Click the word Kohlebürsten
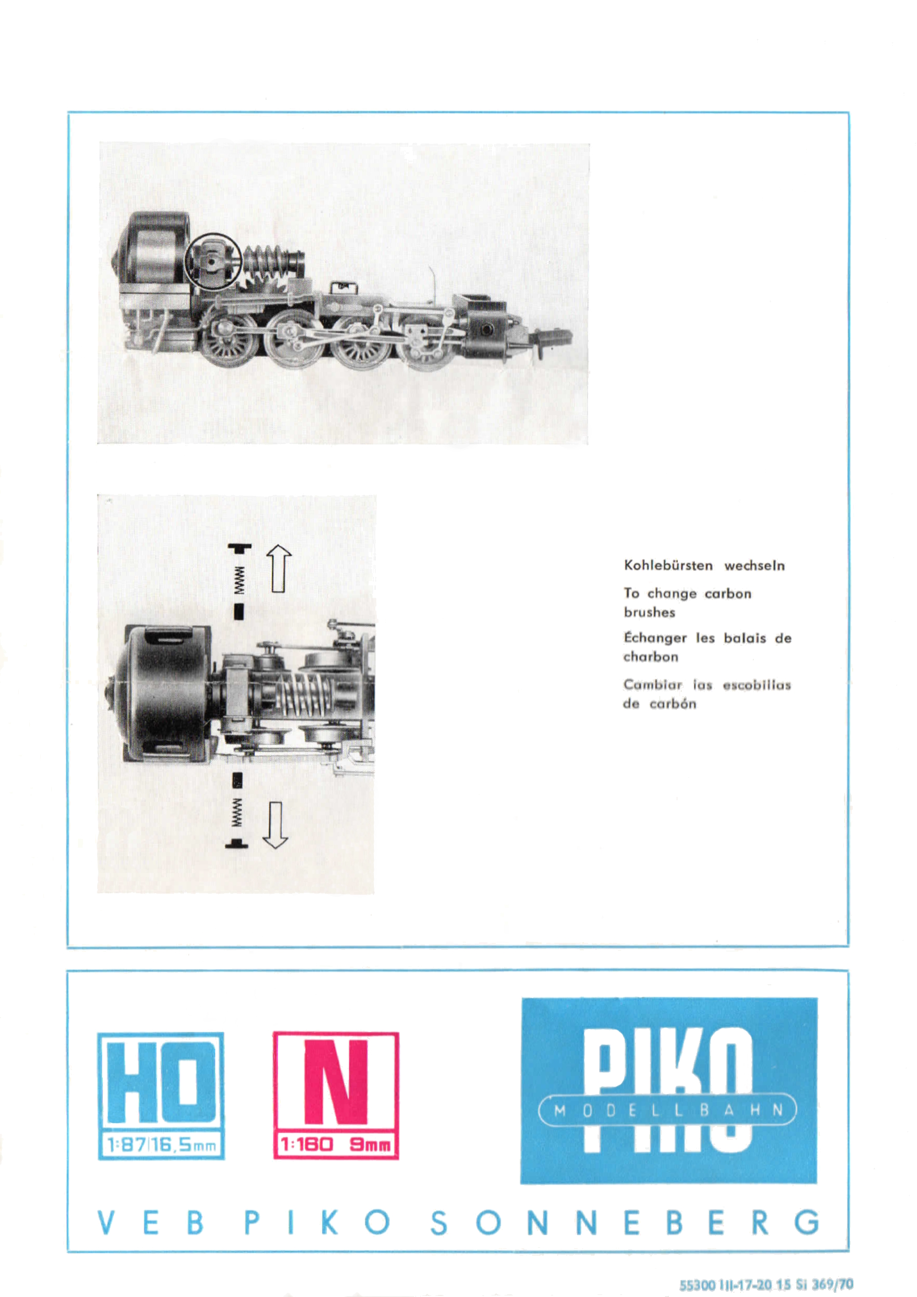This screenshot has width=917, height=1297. [x=668, y=565]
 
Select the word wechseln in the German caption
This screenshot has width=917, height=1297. [x=754, y=565]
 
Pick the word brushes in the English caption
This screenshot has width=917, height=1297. [x=649, y=612]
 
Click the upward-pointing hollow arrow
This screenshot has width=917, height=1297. [x=278, y=568]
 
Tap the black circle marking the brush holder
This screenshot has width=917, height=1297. [x=213, y=261]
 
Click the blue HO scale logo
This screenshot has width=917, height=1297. [x=161, y=1095]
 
